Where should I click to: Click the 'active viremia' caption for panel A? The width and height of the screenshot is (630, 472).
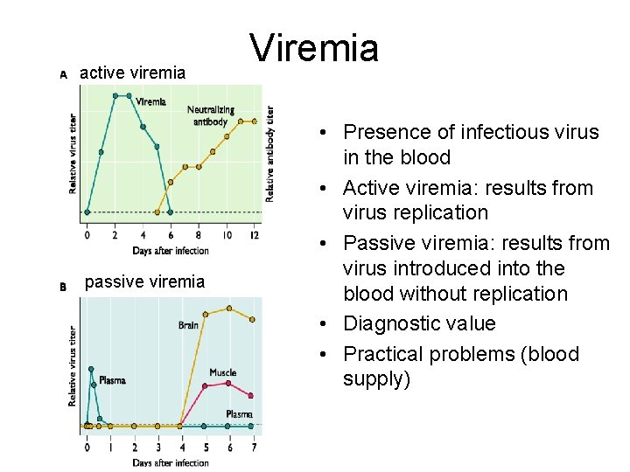point(132,73)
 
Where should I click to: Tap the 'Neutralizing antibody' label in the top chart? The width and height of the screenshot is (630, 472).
point(210,115)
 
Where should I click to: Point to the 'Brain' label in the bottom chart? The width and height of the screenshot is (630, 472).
point(188,325)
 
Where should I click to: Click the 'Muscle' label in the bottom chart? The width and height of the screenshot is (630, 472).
point(222,372)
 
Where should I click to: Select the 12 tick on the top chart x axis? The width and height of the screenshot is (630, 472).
point(254,234)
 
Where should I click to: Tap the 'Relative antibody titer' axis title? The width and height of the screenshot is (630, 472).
point(271,155)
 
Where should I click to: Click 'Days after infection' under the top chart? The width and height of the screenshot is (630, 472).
point(171,251)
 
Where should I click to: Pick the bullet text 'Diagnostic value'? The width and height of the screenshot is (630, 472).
point(419,323)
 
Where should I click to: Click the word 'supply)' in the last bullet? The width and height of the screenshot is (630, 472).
point(376,379)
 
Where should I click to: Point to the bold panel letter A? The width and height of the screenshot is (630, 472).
point(63,75)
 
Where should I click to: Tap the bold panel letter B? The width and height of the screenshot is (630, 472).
point(63,286)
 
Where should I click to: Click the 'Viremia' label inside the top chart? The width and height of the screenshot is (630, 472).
point(150,101)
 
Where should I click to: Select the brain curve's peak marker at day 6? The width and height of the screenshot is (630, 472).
point(229,309)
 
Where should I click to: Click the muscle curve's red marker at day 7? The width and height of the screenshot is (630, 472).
point(252,396)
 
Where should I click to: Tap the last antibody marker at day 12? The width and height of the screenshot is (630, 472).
point(254,121)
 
